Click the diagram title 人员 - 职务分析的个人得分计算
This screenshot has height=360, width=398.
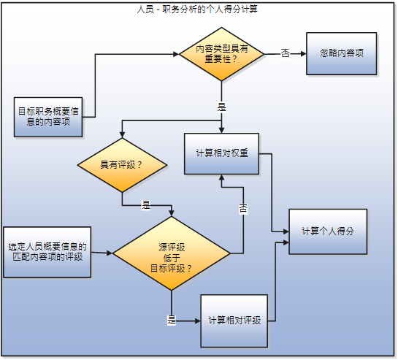pos(199,9)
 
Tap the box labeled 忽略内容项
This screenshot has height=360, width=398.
pos(340,53)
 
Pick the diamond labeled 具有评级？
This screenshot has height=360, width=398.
pos(121,165)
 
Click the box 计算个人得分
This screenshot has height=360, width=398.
pos(327,231)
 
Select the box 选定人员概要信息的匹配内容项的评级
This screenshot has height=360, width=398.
pos(47,252)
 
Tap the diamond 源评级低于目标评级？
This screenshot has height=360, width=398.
pos(172,255)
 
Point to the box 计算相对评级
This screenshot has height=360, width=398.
pos(236,320)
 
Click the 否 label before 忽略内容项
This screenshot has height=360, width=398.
pos(285,54)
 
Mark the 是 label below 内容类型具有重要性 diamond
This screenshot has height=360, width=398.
pos(221,106)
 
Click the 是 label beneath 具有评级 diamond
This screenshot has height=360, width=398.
pos(145,204)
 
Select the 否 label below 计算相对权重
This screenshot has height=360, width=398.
pos(243,209)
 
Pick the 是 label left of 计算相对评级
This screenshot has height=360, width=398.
pos(172,320)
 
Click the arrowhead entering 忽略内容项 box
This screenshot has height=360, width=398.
pos(302,54)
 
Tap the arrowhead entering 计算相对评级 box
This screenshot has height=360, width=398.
pos(196,320)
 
